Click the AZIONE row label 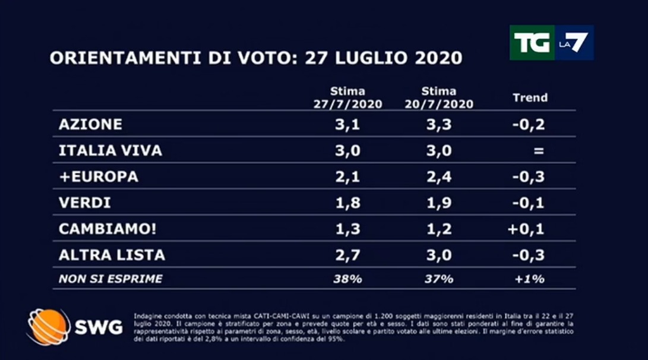tap(90, 124)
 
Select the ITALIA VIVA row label tap(110, 150)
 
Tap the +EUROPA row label tap(99, 176)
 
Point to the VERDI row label tap(85, 203)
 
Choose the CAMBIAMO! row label tap(101, 229)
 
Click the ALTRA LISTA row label tap(112, 255)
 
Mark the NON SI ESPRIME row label tap(110, 279)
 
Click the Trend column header tap(530, 97)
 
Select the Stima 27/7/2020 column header tap(348, 97)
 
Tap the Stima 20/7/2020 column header tap(439, 97)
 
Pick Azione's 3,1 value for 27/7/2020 tap(348, 124)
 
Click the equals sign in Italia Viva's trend tap(539, 151)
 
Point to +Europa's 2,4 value tap(439, 176)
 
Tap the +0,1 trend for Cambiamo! tap(526, 229)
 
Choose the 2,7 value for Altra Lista tap(348, 255)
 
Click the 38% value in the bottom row tap(348, 279)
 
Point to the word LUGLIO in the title tap(369, 58)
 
